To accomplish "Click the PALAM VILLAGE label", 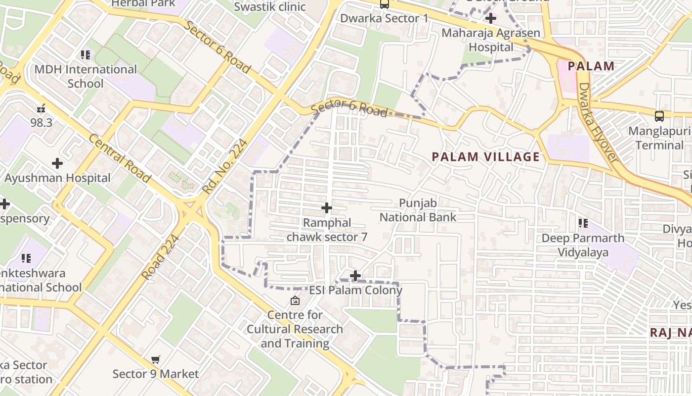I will point(486,157).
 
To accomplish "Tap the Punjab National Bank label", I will point(418,210).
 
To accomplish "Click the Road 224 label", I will point(160,256).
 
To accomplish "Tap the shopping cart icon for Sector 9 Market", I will point(156,360).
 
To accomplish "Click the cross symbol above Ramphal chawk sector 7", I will point(327,208).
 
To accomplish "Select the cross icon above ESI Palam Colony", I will point(355,276).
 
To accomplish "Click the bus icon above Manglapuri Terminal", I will point(659,116).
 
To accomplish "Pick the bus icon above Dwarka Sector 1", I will point(384,4).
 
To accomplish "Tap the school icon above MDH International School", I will point(86,54).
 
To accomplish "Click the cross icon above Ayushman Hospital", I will point(57,163).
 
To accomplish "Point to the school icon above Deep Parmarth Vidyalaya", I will point(583,223).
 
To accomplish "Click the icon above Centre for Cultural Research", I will point(295,300).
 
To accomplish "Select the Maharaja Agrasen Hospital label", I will point(491,40).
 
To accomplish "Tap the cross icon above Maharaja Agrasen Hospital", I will point(491,19).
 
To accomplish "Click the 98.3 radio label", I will point(41,122).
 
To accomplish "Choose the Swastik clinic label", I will point(270,7).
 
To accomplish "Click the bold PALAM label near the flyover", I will point(591,66).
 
